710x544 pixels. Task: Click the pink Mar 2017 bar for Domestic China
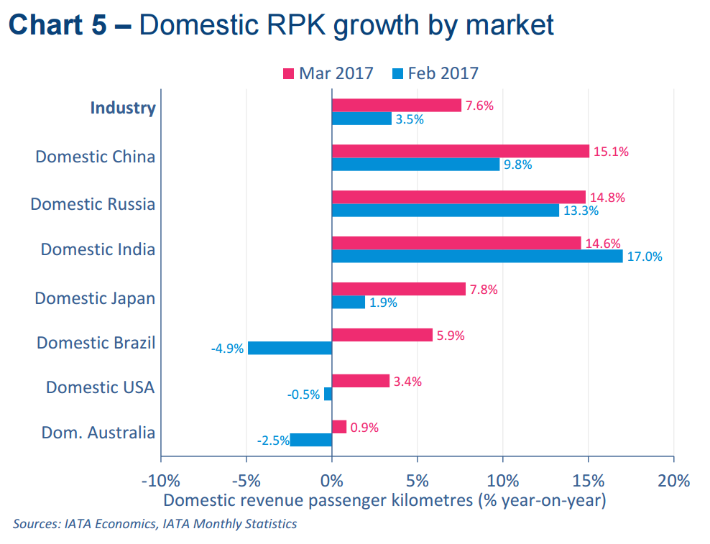click(x=460, y=151)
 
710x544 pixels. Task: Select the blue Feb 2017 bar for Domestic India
click(x=477, y=256)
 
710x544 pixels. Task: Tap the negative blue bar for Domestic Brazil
click(x=290, y=349)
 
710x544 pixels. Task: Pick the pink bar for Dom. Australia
click(x=339, y=427)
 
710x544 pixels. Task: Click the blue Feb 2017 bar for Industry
click(x=361, y=119)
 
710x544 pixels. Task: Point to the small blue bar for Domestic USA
click(x=328, y=394)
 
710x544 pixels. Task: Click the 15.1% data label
click(x=610, y=151)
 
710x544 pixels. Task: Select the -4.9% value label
click(x=227, y=349)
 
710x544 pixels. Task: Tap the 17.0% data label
click(x=645, y=257)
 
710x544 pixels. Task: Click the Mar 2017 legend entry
click(x=328, y=73)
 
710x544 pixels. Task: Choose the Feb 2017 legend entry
click(x=435, y=73)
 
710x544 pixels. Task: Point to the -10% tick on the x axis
click(x=160, y=480)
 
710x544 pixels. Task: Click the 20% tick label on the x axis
click(x=673, y=480)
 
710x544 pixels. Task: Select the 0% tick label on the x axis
click(x=331, y=480)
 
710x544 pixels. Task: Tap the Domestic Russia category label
click(x=93, y=204)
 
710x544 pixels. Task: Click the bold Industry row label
click(x=123, y=108)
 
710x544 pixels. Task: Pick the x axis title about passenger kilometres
click(x=384, y=499)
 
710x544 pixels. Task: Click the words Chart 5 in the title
click(x=61, y=25)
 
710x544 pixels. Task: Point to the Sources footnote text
click(x=155, y=524)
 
